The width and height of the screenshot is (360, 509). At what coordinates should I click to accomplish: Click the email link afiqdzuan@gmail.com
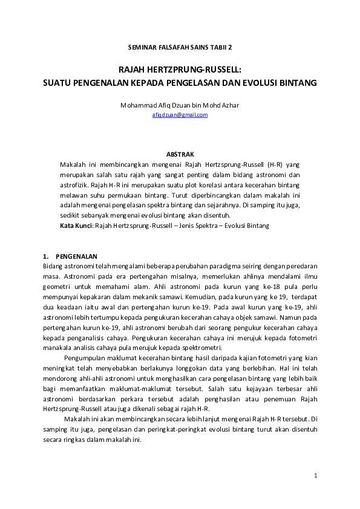(180, 114)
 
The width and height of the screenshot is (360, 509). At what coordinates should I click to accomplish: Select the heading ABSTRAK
(180, 155)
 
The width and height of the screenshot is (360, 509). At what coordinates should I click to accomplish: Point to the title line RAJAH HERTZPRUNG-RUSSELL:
(180, 70)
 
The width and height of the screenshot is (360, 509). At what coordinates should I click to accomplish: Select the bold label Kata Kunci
(75, 225)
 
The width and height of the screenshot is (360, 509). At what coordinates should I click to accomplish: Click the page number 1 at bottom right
(315, 476)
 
